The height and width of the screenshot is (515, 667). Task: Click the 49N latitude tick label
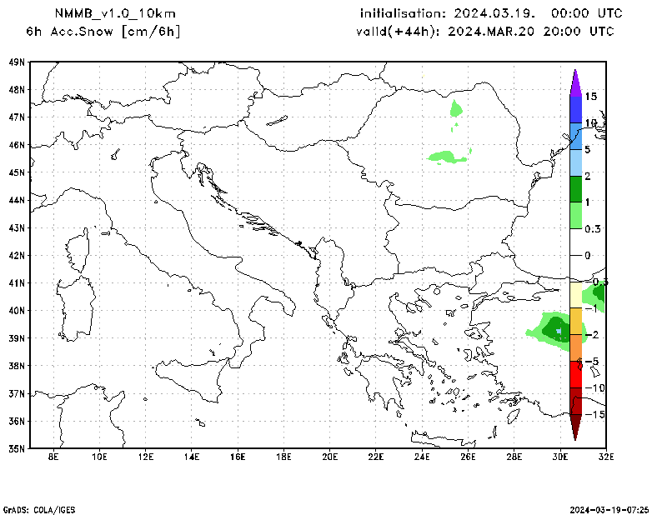[x=16, y=62]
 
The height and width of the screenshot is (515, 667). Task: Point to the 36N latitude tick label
[x=16, y=420]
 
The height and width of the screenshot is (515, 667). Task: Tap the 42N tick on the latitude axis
[x=16, y=255]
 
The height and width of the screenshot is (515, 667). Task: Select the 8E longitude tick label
[x=53, y=457]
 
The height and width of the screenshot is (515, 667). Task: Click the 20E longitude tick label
[x=329, y=457]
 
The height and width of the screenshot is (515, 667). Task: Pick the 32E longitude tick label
[x=605, y=457]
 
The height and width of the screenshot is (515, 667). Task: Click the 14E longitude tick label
[x=192, y=457]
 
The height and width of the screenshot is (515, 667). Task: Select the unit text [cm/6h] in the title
[x=151, y=32]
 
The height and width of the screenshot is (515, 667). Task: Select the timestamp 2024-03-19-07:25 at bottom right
[x=609, y=508]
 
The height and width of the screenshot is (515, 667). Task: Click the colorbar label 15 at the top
[x=590, y=97]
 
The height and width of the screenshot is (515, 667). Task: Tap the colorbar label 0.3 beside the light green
[x=592, y=228]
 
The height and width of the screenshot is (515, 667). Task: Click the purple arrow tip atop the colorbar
[x=575, y=77]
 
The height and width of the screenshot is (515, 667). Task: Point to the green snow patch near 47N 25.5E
[x=455, y=108]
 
